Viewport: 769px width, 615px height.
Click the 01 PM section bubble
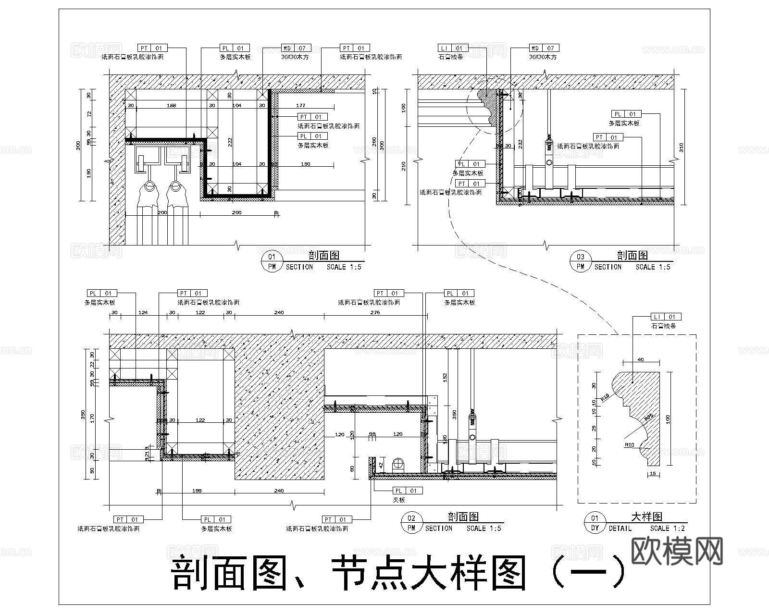point(272,261)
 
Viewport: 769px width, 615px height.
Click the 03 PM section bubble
point(581,261)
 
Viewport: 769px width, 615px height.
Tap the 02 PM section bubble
point(411,523)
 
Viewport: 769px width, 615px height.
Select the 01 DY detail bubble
point(595,523)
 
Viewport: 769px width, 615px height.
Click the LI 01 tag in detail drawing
point(666,317)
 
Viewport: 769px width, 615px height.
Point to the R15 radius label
point(605,397)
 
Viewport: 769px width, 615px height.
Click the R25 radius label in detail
point(648,416)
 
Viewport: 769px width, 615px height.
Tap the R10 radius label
point(630,445)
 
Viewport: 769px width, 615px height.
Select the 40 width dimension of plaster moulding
point(640,359)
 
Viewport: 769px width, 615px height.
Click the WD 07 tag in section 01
point(296,48)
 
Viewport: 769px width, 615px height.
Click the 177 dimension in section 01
point(300,105)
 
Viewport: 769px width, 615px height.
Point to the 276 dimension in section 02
point(375,313)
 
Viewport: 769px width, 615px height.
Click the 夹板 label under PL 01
point(399,500)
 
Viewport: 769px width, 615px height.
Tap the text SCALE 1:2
point(667,528)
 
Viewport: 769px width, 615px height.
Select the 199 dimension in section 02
point(197,491)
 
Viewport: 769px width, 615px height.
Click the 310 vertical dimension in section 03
point(682,147)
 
